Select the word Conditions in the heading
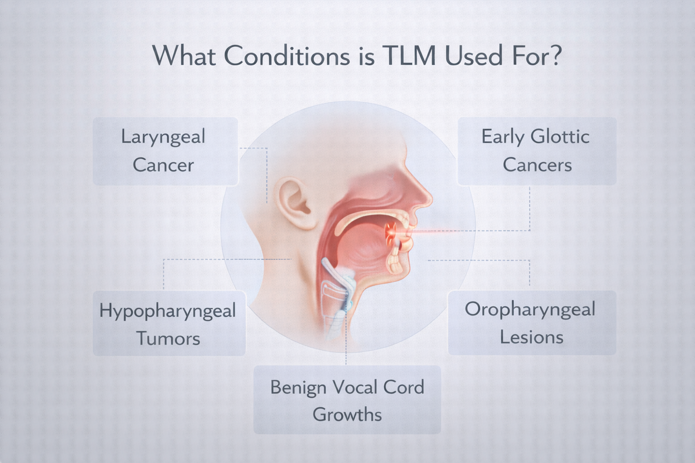[x=287, y=56]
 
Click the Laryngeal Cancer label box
[x=165, y=151]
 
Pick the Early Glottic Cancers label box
[x=537, y=151]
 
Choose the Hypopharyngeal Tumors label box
[x=169, y=324]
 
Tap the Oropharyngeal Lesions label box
[x=532, y=323]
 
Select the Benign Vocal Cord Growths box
[x=347, y=400]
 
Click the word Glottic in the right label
[x=560, y=137]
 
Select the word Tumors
[x=168, y=338]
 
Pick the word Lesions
[x=532, y=337]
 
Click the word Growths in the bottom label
[x=347, y=414]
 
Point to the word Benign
[x=298, y=387]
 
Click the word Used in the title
[x=474, y=56]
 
